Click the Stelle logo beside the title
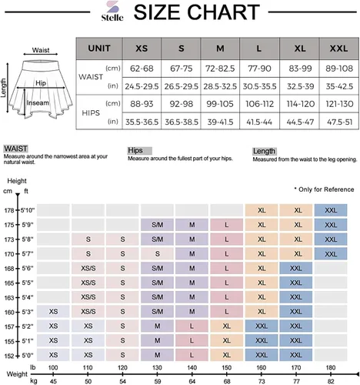[112, 12]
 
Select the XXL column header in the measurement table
[338, 49]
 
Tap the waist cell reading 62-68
[142, 69]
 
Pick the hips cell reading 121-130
[339, 104]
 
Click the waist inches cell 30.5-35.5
[259, 86]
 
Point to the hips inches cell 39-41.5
[220, 122]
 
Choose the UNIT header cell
[99, 49]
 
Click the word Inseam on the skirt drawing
[38, 103]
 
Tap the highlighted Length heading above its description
[264, 151]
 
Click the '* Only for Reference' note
[324, 189]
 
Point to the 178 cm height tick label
[9, 210]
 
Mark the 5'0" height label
[28, 356]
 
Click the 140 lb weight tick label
[192, 367]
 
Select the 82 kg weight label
[331, 381]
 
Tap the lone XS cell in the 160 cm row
[53, 312]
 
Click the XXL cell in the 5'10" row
[331, 210]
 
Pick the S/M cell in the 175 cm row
[157, 225]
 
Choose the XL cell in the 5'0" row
[227, 355]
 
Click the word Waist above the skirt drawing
[41, 50]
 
